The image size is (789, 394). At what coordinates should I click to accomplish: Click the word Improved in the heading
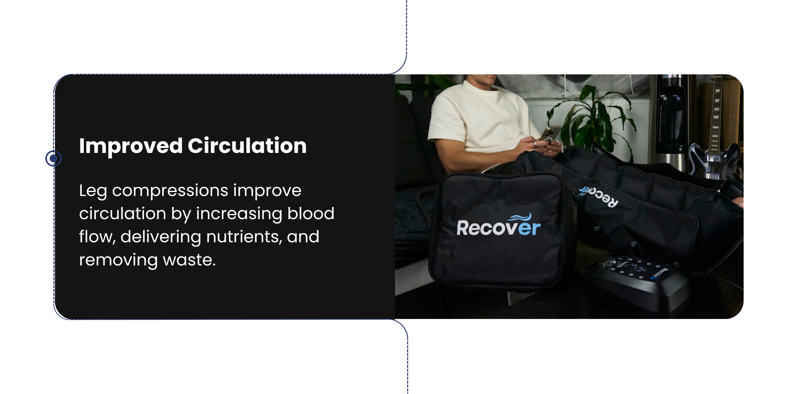tap(131, 146)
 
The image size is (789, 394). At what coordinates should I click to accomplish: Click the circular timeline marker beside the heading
tap(53, 158)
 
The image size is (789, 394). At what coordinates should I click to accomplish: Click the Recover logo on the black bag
tap(498, 225)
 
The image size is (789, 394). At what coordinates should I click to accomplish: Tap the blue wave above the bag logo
tap(520, 217)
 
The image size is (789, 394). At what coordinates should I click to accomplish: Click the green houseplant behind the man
tap(591, 122)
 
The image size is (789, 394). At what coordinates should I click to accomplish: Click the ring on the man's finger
tap(535, 144)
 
